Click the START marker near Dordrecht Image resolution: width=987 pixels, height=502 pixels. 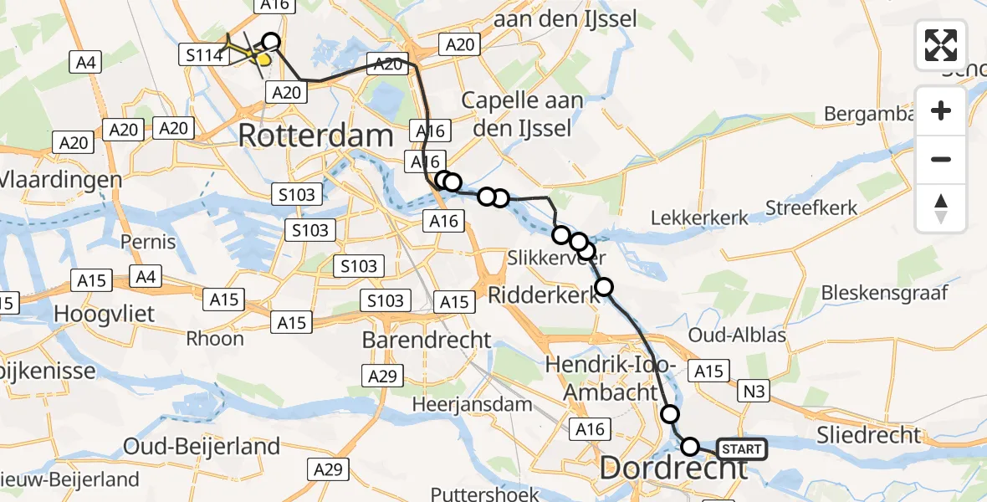pyautogui.click(x=741, y=449)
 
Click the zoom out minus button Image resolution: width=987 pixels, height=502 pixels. pyautogui.click(x=941, y=159)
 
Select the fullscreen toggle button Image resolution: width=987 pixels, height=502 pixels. pyautogui.click(x=941, y=45)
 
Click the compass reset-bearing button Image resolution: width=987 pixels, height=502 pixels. pyautogui.click(x=941, y=208)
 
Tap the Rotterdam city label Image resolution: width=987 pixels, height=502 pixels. pyautogui.click(x=315, y=136)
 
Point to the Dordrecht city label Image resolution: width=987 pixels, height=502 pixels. pyautogui.click(x=673, y=469)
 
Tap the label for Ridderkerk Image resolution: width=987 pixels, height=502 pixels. pyautogui.click(x=544, y=294)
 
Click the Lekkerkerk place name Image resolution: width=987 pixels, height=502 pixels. pyautogui.click(x=699, y=218)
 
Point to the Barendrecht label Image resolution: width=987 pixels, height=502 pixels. pyautogui.click(x=427, y=340)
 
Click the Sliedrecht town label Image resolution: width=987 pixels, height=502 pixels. pyautogui.click(x=871, y=435)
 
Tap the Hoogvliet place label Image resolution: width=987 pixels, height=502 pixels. pyautogui.click(x=95, y=313)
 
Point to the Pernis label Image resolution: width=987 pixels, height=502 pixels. pyautogui.click(x=147, y=243)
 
